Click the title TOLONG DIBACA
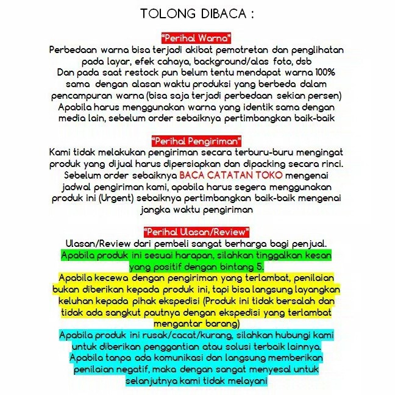tap(196, 13)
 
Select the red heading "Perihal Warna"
tap(196, 38)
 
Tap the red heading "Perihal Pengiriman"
tap(196, 141)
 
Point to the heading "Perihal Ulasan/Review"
tap(196, 232)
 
